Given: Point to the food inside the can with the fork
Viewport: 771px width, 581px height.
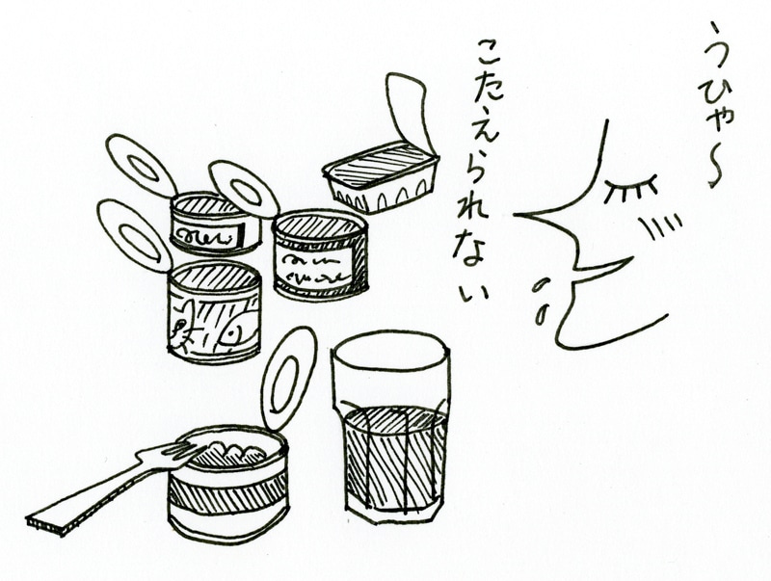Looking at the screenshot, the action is tap(231, 450).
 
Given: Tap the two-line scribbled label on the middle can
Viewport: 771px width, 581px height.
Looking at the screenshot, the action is tap(315, 267).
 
